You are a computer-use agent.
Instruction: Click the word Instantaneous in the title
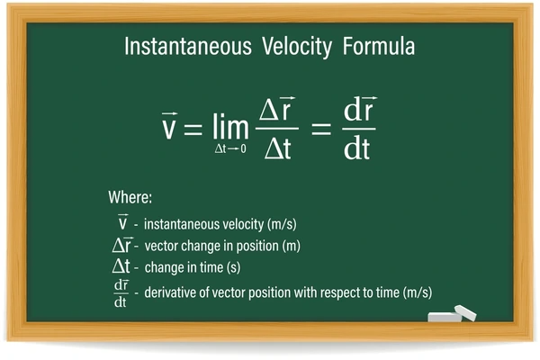point(188,46)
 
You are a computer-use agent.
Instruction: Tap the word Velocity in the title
point(297,47)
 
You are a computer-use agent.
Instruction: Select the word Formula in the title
point(379,46)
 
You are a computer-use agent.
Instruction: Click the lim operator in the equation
point(230,126)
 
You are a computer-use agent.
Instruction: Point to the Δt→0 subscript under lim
point(230,148)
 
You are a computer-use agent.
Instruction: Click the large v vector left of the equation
point(169,125)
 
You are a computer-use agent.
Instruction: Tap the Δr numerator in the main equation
point(277,109)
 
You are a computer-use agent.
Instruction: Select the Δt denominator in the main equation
point(278,148)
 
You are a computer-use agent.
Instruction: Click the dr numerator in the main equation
point(360,109)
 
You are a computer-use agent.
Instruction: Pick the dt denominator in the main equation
point(356,148)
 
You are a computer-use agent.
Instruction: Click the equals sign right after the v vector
point(193,129)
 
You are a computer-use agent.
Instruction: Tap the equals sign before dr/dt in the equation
point(321,129)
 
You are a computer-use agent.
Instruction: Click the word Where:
point(130,197)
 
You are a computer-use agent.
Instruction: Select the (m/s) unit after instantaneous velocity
point(282,224)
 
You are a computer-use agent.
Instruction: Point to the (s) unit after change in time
point(233,267)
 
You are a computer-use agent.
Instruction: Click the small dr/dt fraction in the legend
point(121,293)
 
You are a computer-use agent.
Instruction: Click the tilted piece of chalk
point(465,313)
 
